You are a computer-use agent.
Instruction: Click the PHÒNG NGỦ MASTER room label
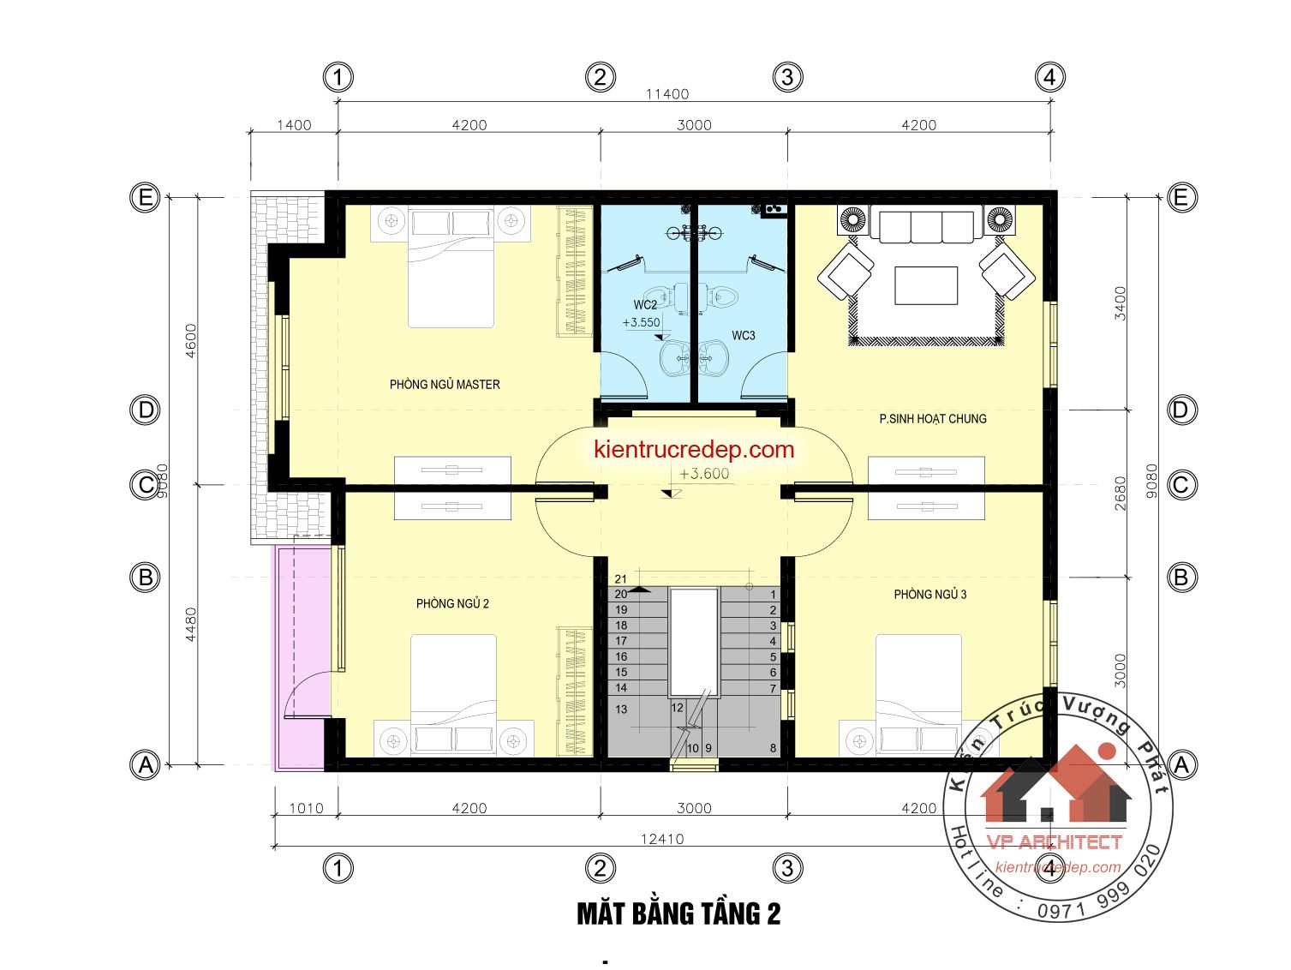pyautogui.click(x=445, y=384)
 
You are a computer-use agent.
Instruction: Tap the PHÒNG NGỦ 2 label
pyautogui.click(x=452, y=603)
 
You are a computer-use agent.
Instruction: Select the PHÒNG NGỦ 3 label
pyautogui.click(x=929, y=594)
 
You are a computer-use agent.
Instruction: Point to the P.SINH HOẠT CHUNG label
pyautogui.click(x=933, y=419)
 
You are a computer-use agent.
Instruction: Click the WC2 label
pyautogui.click(x=644, y=305)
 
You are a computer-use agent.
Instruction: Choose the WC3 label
pyautogui.click(x=744, y=335)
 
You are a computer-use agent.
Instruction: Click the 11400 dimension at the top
pyautogui.click(x=667, y=94)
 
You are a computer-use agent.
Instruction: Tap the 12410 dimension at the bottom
pyautogui.click(x=662, y=839)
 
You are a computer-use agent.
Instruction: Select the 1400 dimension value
pyautogui.click(x=294, y=125)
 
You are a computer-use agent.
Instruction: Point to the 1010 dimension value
pyautogui.click(x=307, y=808)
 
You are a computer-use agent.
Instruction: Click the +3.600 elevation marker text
pyautogui.click(x=704, y=474)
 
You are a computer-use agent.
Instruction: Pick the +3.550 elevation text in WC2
pyautogui.click(x=641, y=322)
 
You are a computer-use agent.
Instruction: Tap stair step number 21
pyautogui.click(x=620, y=578)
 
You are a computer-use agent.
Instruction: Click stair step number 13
pyautogui.click(x=621, y=710)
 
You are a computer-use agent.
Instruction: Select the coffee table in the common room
pyautogui.click(x=926, y=285)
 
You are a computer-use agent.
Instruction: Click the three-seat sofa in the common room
pyautogui.click(x=926, y=224)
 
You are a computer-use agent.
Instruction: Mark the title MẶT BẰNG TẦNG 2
pyautogui.click(x=678, y=914)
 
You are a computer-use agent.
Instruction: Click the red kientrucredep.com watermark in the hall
pyautogui.click(x=694, y=449)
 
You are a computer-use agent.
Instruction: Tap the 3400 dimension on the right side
pyautogui.click(x=1121, y=303)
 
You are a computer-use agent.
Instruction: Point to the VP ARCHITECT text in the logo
pyautogui.click(x=1054, y=842)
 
